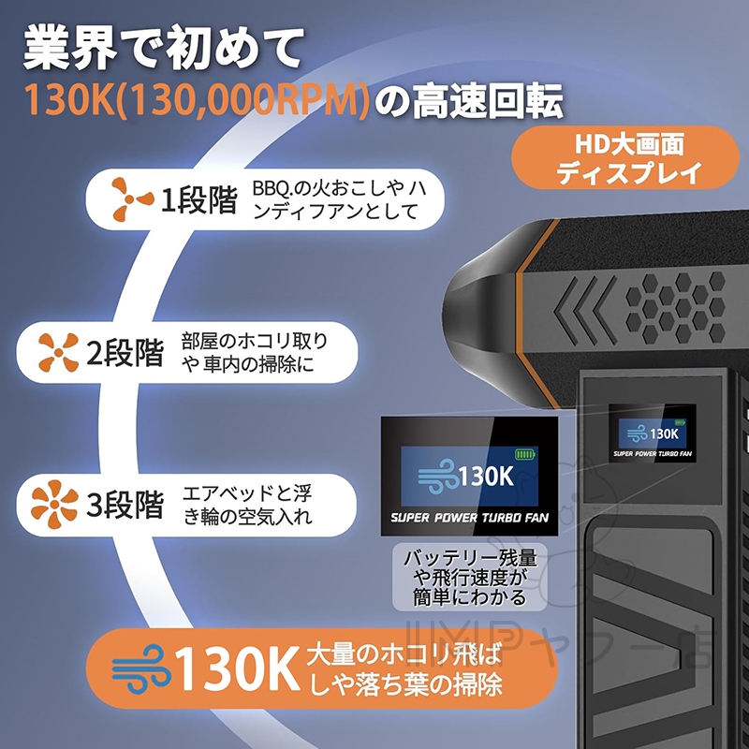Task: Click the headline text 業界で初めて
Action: [163, 49]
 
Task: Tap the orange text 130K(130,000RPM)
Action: [197, 100]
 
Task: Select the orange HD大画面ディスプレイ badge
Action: [624, 157]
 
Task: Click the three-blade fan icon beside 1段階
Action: [132, 198]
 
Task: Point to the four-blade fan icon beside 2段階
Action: [59, 353]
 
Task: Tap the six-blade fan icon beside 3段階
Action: [54, 505]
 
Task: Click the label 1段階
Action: [198, 199]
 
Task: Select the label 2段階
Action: [125, 353]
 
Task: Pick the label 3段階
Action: [125, 505]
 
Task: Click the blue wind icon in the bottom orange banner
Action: [141, 668]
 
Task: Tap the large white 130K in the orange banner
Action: [237, 668]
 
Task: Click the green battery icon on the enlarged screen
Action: [525, 454]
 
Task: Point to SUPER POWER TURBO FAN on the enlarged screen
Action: [469, 518]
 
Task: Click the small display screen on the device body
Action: [652, 433]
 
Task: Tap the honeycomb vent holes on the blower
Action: [675, 308]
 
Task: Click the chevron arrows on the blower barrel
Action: [584, 310]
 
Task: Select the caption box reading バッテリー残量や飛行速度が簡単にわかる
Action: [470, 577]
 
